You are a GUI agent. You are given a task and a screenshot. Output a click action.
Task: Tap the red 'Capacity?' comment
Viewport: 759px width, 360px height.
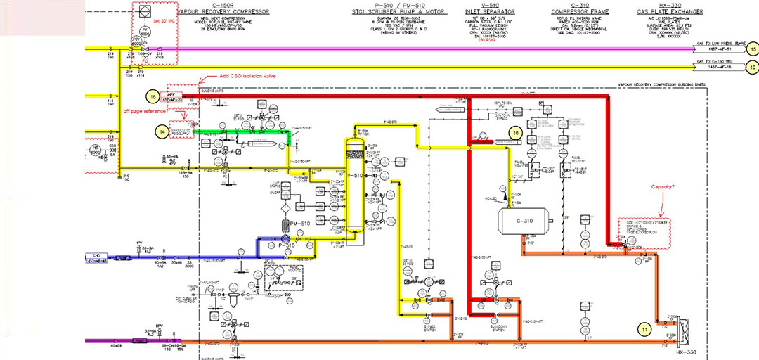[x=664, y=187]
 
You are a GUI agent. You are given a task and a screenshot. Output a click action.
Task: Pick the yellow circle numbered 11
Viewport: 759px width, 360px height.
[x=644, y=327]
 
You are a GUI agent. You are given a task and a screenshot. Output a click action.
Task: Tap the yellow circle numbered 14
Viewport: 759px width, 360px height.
[x=162, y=131]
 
